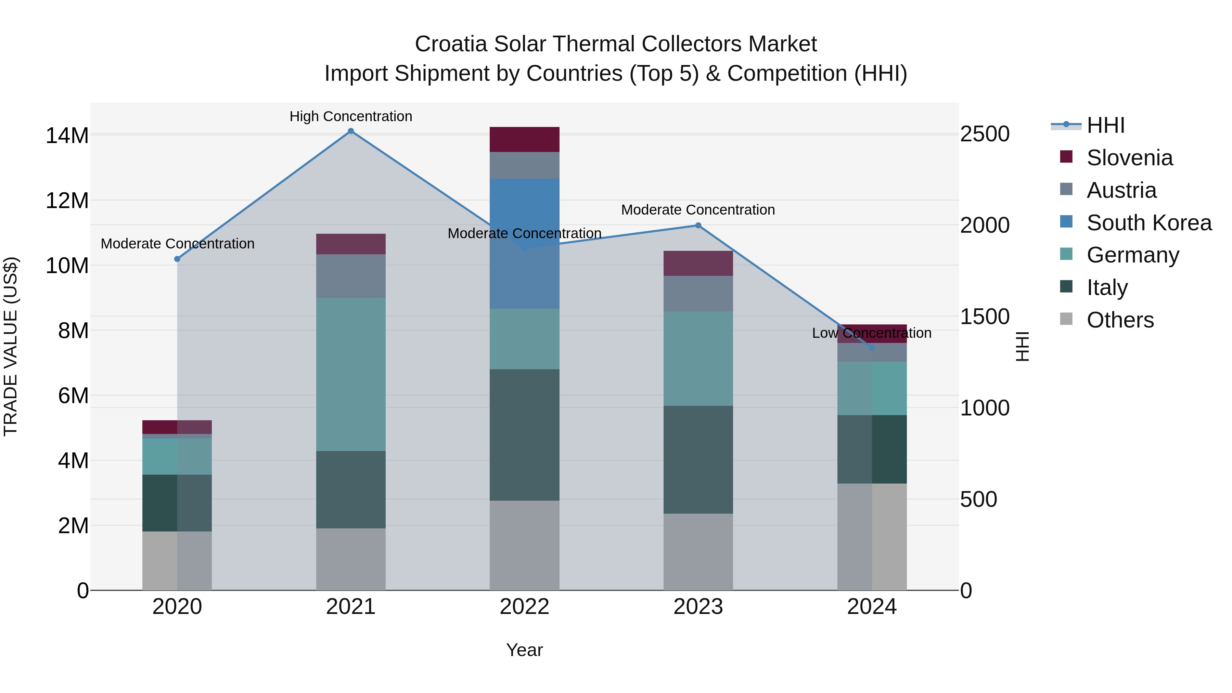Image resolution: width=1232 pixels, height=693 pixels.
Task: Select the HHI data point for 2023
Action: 698,225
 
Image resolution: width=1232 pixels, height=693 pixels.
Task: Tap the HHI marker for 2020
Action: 177,259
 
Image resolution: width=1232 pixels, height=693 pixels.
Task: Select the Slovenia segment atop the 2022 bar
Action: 524,140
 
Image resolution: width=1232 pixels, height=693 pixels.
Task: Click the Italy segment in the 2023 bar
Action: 698,460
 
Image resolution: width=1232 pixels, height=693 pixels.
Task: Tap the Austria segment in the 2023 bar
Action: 698,294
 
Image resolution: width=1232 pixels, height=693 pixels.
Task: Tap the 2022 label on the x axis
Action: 524,607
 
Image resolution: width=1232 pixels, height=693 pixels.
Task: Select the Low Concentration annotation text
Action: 871,333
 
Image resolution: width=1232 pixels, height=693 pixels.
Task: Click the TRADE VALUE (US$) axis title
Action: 11,346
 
